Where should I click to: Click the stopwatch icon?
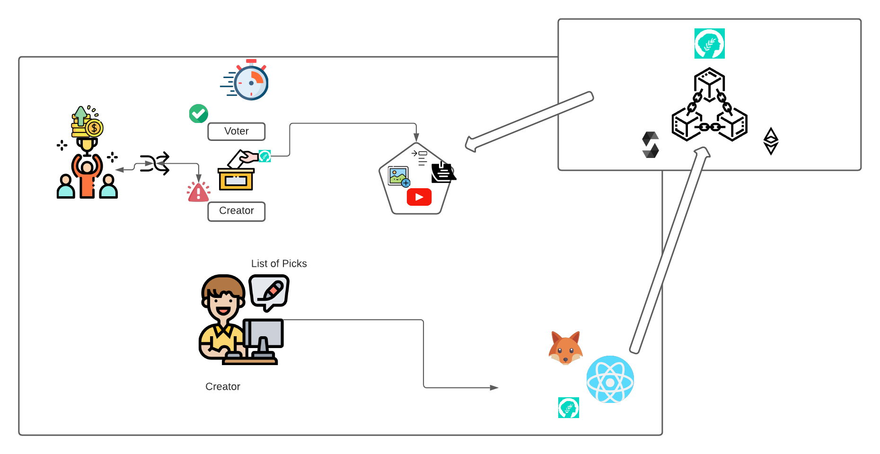[250, 81]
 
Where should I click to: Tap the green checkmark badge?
[199, 113]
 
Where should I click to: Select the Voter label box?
[237, 131]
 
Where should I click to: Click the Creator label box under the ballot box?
[237, 211]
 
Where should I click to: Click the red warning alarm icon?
[199, 192]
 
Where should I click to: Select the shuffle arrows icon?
[155, 164]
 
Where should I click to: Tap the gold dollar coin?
[94, 128]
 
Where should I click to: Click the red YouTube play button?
[419, 197]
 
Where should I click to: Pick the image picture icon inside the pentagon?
[398, 176]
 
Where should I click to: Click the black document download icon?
[443, 173]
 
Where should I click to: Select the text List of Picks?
[279, 264]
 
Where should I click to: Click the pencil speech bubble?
[269, 291]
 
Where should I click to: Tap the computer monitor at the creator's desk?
[264, 334]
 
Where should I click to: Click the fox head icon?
[565, 349]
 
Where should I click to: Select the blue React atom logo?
[610, 380]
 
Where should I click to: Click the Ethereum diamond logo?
[771, 141]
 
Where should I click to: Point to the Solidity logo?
[651, 145]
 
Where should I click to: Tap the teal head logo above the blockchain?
[709, 44]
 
